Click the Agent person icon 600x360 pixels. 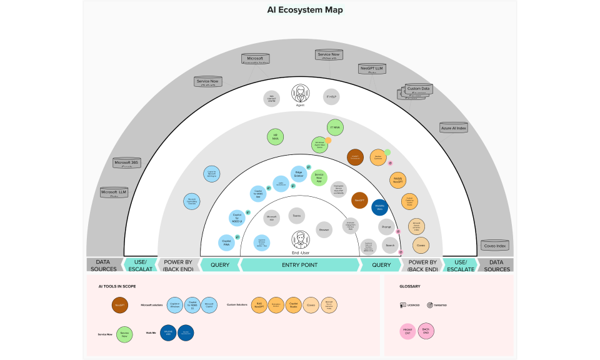[x=300, y=94]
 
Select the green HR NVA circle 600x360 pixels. [x=274, y=137]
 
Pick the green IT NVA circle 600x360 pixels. [x=335, y=127]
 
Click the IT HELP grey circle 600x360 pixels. [x=331, y=97]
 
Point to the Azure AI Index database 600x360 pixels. [x=454, y=127]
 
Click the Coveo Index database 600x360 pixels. [x=495, y=245]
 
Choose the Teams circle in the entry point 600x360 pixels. [x=297, y=216]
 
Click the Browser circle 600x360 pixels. [x=324, y=229]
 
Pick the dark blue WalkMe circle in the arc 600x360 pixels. [x=380, y=207]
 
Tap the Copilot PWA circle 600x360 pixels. [x=226, y=242]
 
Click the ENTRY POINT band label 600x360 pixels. [x=299, y=265]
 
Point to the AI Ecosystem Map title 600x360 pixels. [x=305, y=10]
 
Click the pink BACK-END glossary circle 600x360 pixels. [x=426, y=331]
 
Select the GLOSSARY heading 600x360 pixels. [x=410, y=287]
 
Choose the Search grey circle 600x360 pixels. [x=390, y=244]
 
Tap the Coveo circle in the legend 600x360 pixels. [x=311, y=305]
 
